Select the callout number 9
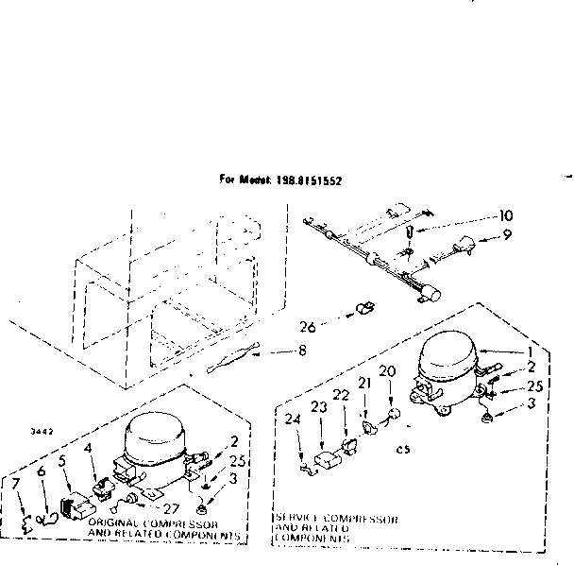click(507, 235)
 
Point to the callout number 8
click(301, 352)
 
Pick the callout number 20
click(385, 370)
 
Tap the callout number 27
click(170, 507)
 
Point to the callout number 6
click(42, 470)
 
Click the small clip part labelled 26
click(363, 309)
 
